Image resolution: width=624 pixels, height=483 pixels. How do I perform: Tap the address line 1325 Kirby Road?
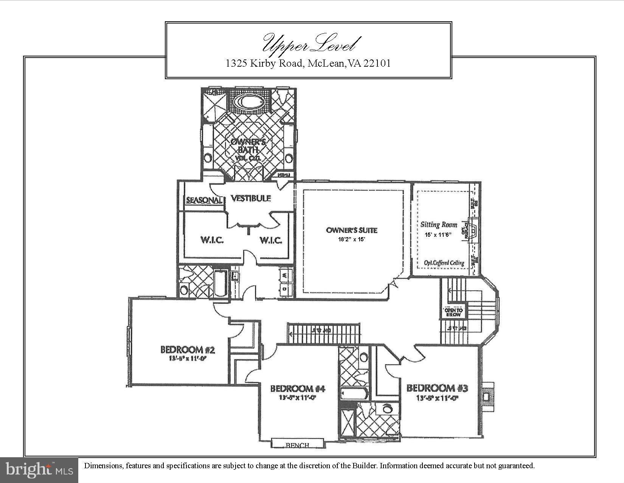[x=308, y=63]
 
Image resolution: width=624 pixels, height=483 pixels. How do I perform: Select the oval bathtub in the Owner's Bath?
[x=248, y=102]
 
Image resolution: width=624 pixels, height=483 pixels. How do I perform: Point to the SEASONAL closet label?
[x=203, y=200]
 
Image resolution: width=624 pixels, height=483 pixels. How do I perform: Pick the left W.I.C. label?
[x=212, y=240]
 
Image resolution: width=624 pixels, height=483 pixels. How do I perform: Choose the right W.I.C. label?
[x=270, y=240]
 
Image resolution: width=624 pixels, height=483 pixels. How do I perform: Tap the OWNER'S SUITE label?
[x=352, y=230]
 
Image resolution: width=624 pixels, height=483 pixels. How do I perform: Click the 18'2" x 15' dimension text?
[x=352, y=239]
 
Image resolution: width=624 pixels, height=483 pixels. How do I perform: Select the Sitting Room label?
[x=439, y=225]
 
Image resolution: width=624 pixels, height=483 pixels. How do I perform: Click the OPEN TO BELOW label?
[x=453, y=312]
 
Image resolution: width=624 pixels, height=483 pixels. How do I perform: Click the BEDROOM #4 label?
[x=298, y=389]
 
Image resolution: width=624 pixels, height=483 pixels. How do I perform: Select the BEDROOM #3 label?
[x=437, y=388]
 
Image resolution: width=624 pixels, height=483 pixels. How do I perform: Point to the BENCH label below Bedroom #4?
[x=297, y=445]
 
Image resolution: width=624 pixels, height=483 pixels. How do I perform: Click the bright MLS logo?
[x=39, y=470]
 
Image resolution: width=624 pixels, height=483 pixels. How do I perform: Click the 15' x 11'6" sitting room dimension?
[x=438, y=235]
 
